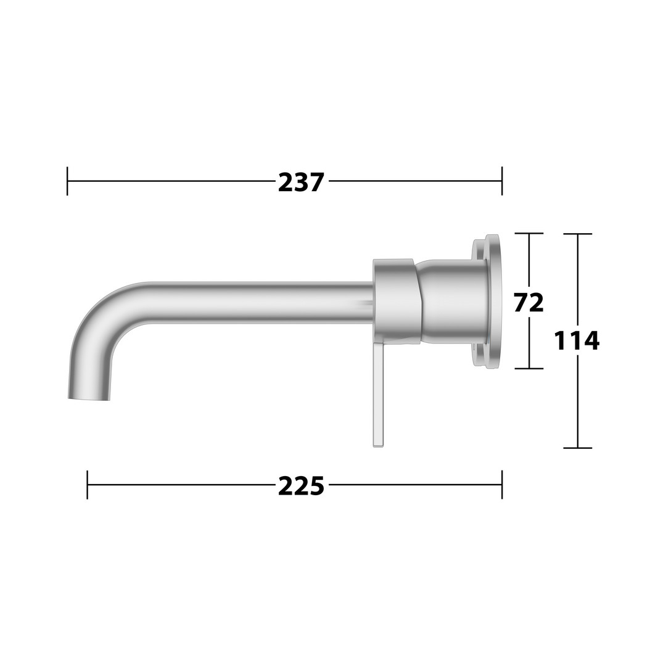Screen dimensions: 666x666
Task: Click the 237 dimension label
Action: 301,182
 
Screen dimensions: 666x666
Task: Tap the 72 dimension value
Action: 528,302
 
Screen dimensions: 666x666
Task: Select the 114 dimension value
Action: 577,340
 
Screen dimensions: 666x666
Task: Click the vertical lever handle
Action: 379,393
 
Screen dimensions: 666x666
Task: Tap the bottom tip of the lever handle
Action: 379,446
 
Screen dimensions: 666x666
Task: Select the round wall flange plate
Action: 487,301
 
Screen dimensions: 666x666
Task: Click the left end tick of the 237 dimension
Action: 68,181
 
